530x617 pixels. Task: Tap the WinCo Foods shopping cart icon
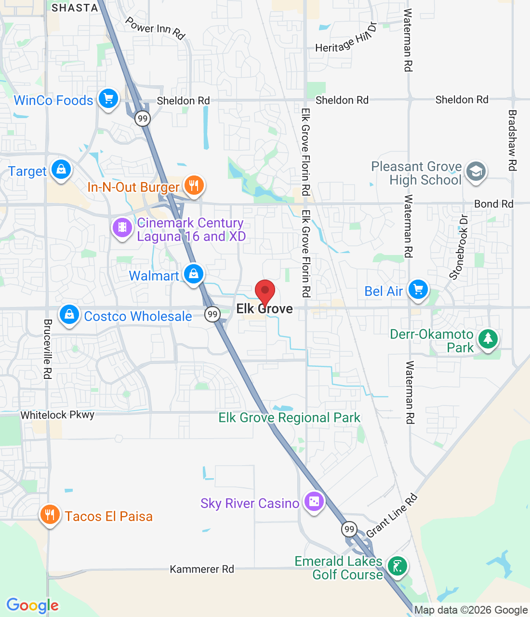click(x=108, y=99)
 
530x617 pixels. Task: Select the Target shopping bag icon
click(x=61, y=170)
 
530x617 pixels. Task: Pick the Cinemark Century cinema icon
click(x=122, y=227)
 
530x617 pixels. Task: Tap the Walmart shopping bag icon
click(x=193, y=274)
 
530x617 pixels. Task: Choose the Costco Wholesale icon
click(x=69, y=315)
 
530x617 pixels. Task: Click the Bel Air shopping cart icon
click(x=418, y=290)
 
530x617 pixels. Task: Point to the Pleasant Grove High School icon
click(x=476, y=171)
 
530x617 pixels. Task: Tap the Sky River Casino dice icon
click(x=314, y=502)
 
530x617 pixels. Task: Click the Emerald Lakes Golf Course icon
click(x=397, y=566)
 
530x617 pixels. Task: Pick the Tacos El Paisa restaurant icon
click(x=50, y=515)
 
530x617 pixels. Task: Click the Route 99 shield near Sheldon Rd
click(x=143, y=119)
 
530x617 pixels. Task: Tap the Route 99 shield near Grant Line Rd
click(x=349, y=529)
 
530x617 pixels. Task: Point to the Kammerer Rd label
click(x=202, y=569)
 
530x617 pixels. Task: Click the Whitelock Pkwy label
click(x=57, y=415)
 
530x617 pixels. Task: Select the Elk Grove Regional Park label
click(x=289, y=418)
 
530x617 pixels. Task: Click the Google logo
click(x=33, y=605)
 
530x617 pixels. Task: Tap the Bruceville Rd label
click(x=47, y=349)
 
